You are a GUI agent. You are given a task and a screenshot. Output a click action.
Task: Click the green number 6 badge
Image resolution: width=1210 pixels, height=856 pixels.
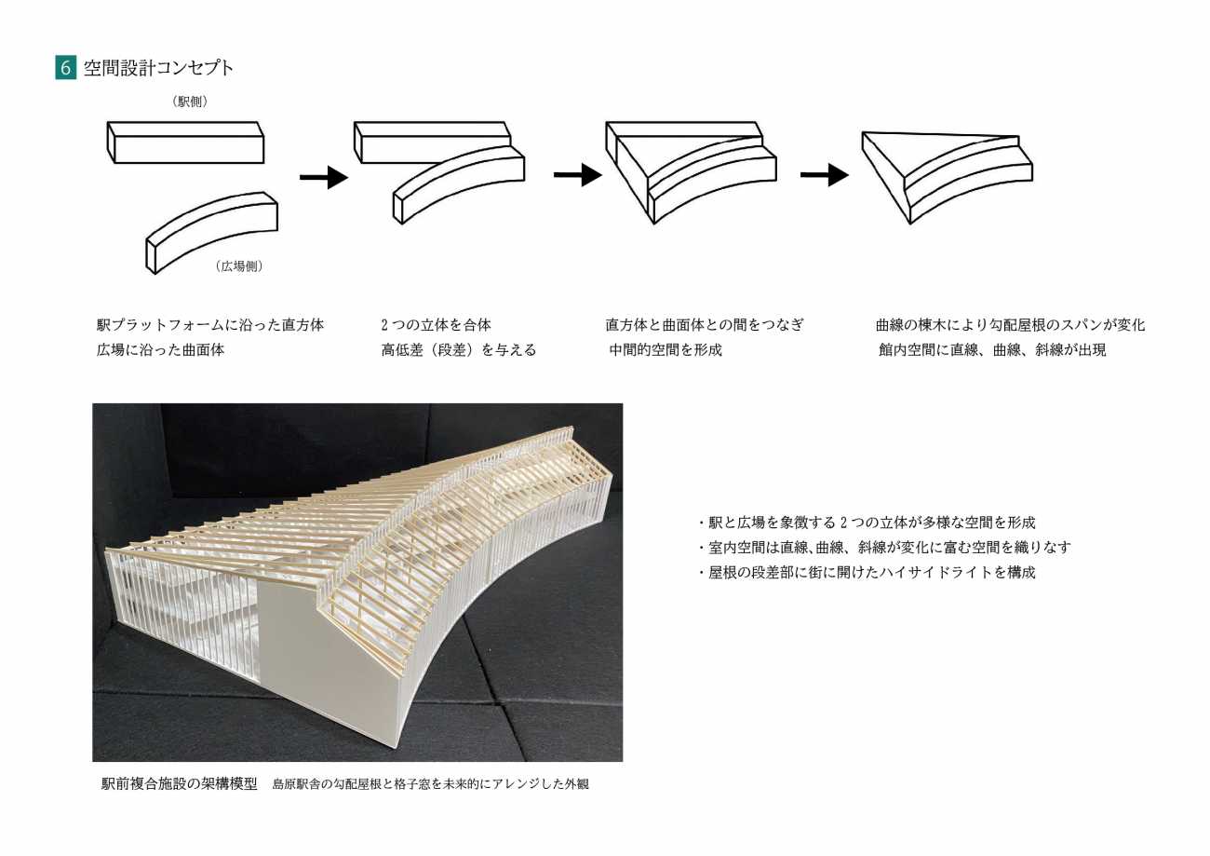click(65, 68)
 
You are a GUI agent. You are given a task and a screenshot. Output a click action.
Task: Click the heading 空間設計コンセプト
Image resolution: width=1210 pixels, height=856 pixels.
click(159, 68)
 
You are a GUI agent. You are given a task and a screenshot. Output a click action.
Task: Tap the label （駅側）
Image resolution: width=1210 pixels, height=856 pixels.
click(190, 102)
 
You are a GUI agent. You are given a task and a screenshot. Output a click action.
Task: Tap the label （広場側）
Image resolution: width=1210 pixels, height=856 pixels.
click(239, 266)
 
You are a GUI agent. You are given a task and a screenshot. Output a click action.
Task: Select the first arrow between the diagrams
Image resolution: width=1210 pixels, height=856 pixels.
click(323, 177)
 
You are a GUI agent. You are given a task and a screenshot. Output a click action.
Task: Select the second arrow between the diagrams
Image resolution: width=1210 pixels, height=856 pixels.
click(577, 174)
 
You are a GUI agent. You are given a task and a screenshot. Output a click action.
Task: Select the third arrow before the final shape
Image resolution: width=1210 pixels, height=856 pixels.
click(824, 174)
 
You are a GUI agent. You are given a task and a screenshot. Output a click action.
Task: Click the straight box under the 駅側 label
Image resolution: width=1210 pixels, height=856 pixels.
click(186, 143)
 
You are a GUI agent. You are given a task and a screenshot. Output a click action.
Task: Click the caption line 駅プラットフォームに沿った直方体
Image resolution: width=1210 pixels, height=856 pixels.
click(210, 325)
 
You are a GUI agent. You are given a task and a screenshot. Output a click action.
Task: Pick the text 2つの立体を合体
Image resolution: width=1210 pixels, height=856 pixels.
click(436, 325)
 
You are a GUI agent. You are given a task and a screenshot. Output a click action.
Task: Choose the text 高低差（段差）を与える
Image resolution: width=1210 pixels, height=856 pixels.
click(458, 350)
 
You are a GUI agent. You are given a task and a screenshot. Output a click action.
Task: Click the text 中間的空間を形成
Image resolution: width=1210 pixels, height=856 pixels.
click(665, 350)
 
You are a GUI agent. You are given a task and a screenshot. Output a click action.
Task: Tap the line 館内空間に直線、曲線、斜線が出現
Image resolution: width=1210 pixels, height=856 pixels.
click(992, 350)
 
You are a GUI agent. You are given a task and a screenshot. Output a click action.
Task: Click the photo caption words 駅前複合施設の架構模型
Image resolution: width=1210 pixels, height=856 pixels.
click(179, 783)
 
